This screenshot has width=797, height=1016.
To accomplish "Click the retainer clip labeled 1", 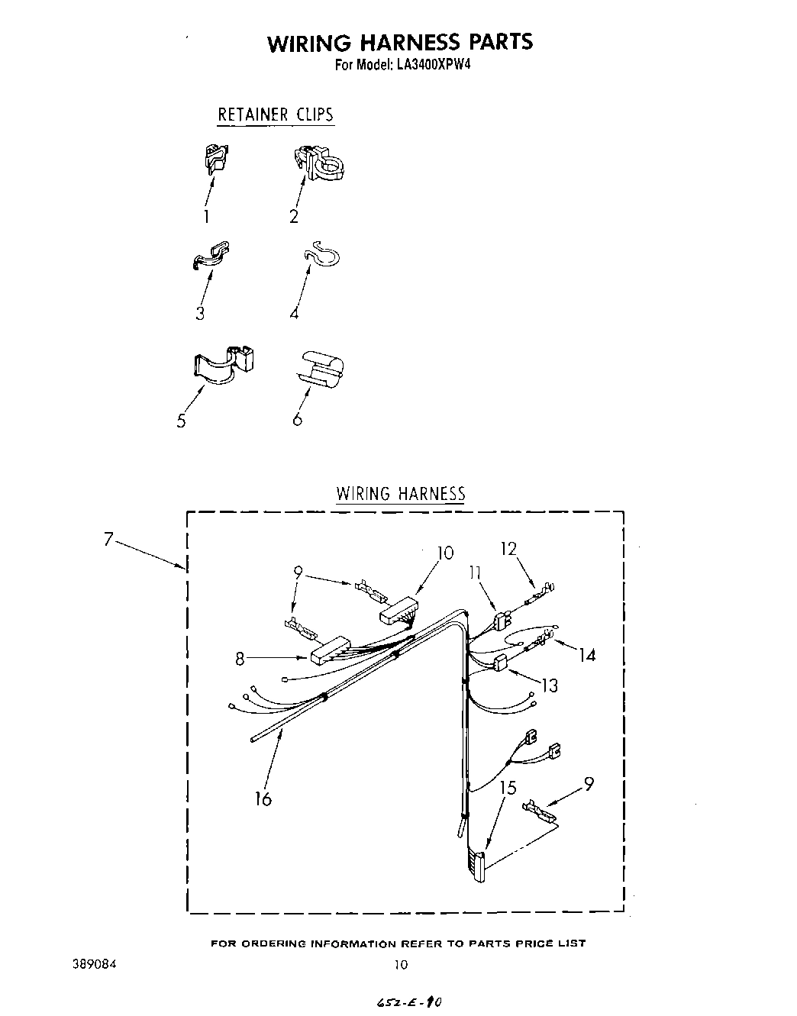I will pos(215,156).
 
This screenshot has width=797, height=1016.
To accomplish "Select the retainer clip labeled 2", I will pos(316,161).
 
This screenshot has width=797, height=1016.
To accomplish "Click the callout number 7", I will pos(109,540).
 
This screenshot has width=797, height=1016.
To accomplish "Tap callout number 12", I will pos(508,549).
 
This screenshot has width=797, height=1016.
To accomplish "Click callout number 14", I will pos(586,655).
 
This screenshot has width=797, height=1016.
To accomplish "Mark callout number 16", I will pos(263,798).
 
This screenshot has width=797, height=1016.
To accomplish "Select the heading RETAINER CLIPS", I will pos(276,115).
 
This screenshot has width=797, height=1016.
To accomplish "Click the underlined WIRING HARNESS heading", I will pos(401,493).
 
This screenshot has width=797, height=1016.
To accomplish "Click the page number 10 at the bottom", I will pos(401,965).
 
